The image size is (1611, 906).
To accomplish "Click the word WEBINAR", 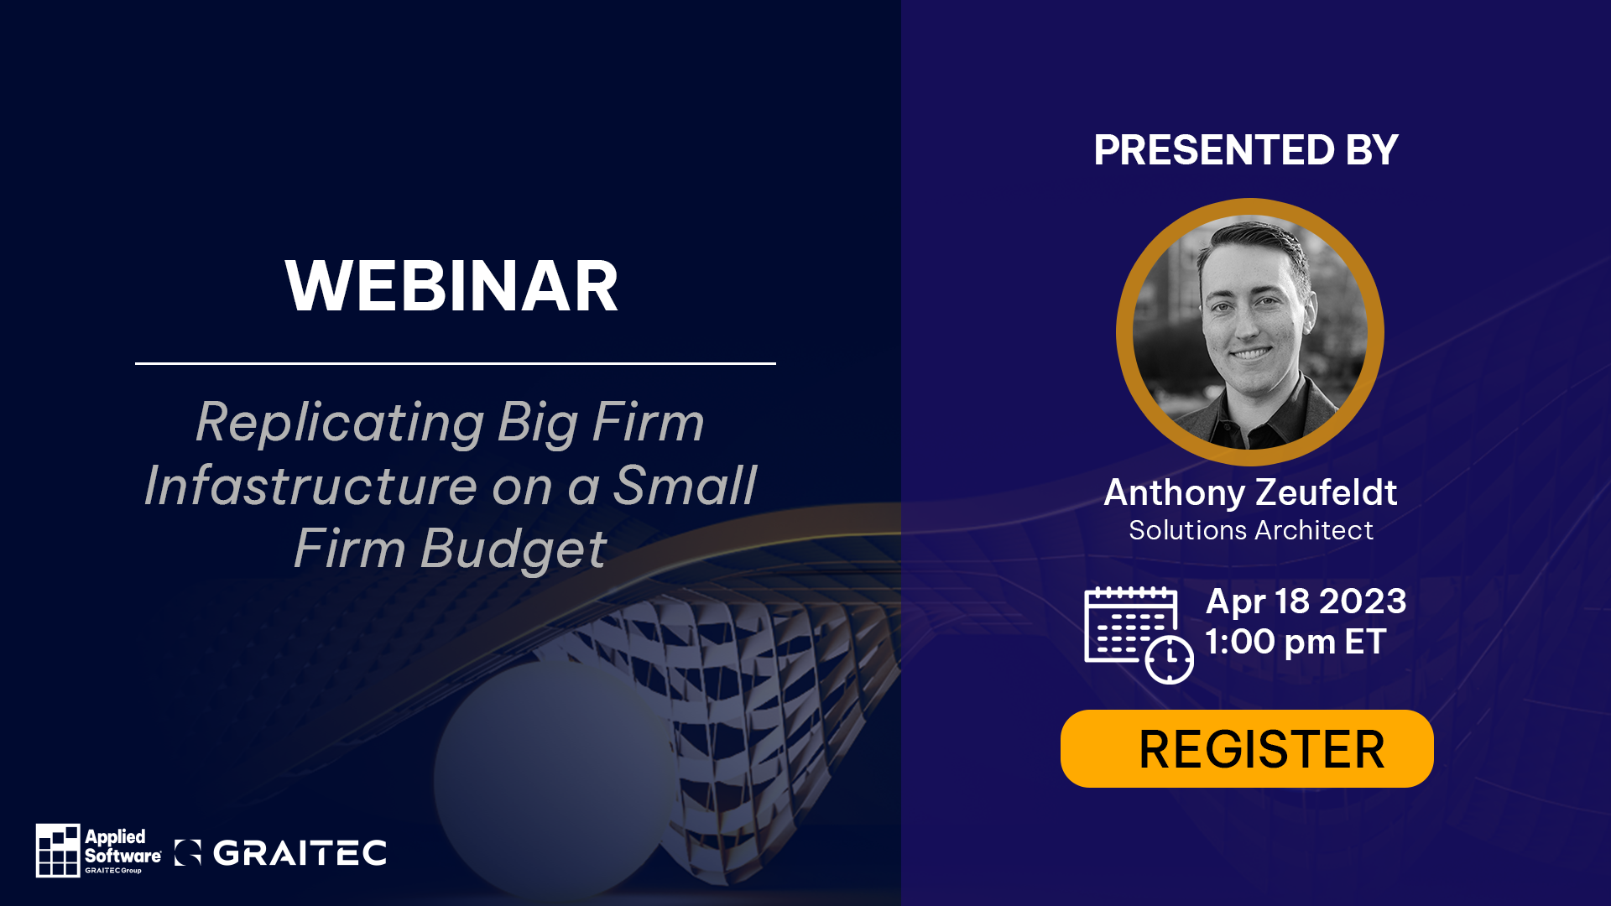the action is [451, 286].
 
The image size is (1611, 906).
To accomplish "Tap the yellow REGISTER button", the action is [1247, 748].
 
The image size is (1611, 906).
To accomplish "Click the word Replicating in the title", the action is [340, 422].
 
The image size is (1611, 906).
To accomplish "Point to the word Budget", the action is [514, 550].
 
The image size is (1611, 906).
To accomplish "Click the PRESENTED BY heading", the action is [1246, 150].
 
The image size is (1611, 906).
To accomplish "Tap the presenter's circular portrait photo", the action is [1250, 332].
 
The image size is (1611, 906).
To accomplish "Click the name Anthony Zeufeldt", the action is [1250, 492].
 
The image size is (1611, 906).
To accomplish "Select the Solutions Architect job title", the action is [1250, 530].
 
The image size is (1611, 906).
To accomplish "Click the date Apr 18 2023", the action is [1306, 601].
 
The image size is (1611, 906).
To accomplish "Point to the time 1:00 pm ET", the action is [1296, 642].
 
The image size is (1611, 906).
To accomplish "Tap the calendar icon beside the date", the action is [1139, 635].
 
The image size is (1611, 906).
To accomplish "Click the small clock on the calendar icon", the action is [1170, 659].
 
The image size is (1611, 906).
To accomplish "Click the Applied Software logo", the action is [98, 851].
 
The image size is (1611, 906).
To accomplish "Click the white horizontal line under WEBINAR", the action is [456, 363].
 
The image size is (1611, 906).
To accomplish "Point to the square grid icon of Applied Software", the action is [58, 851].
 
